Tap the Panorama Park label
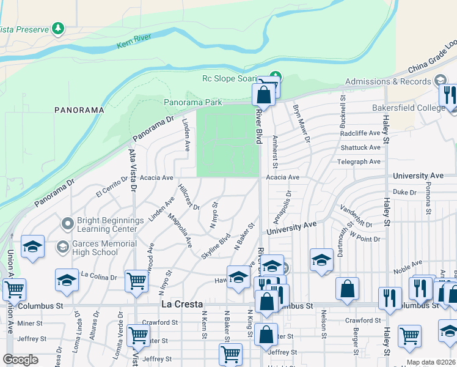tap(192, 103)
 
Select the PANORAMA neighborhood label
tap(79, 110)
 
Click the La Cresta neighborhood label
tap(181, 304)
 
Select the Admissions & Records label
tap(388, 81)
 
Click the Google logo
tap(21, 360)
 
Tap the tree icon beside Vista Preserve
tap(58, 28)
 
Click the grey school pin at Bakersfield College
tap(441, 81)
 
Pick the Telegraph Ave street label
tap(359, 161)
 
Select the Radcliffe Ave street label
tap(360, 133)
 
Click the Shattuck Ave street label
tap(360, 147)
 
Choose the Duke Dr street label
tap(404, 191)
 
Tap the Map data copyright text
tap(431, 362)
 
